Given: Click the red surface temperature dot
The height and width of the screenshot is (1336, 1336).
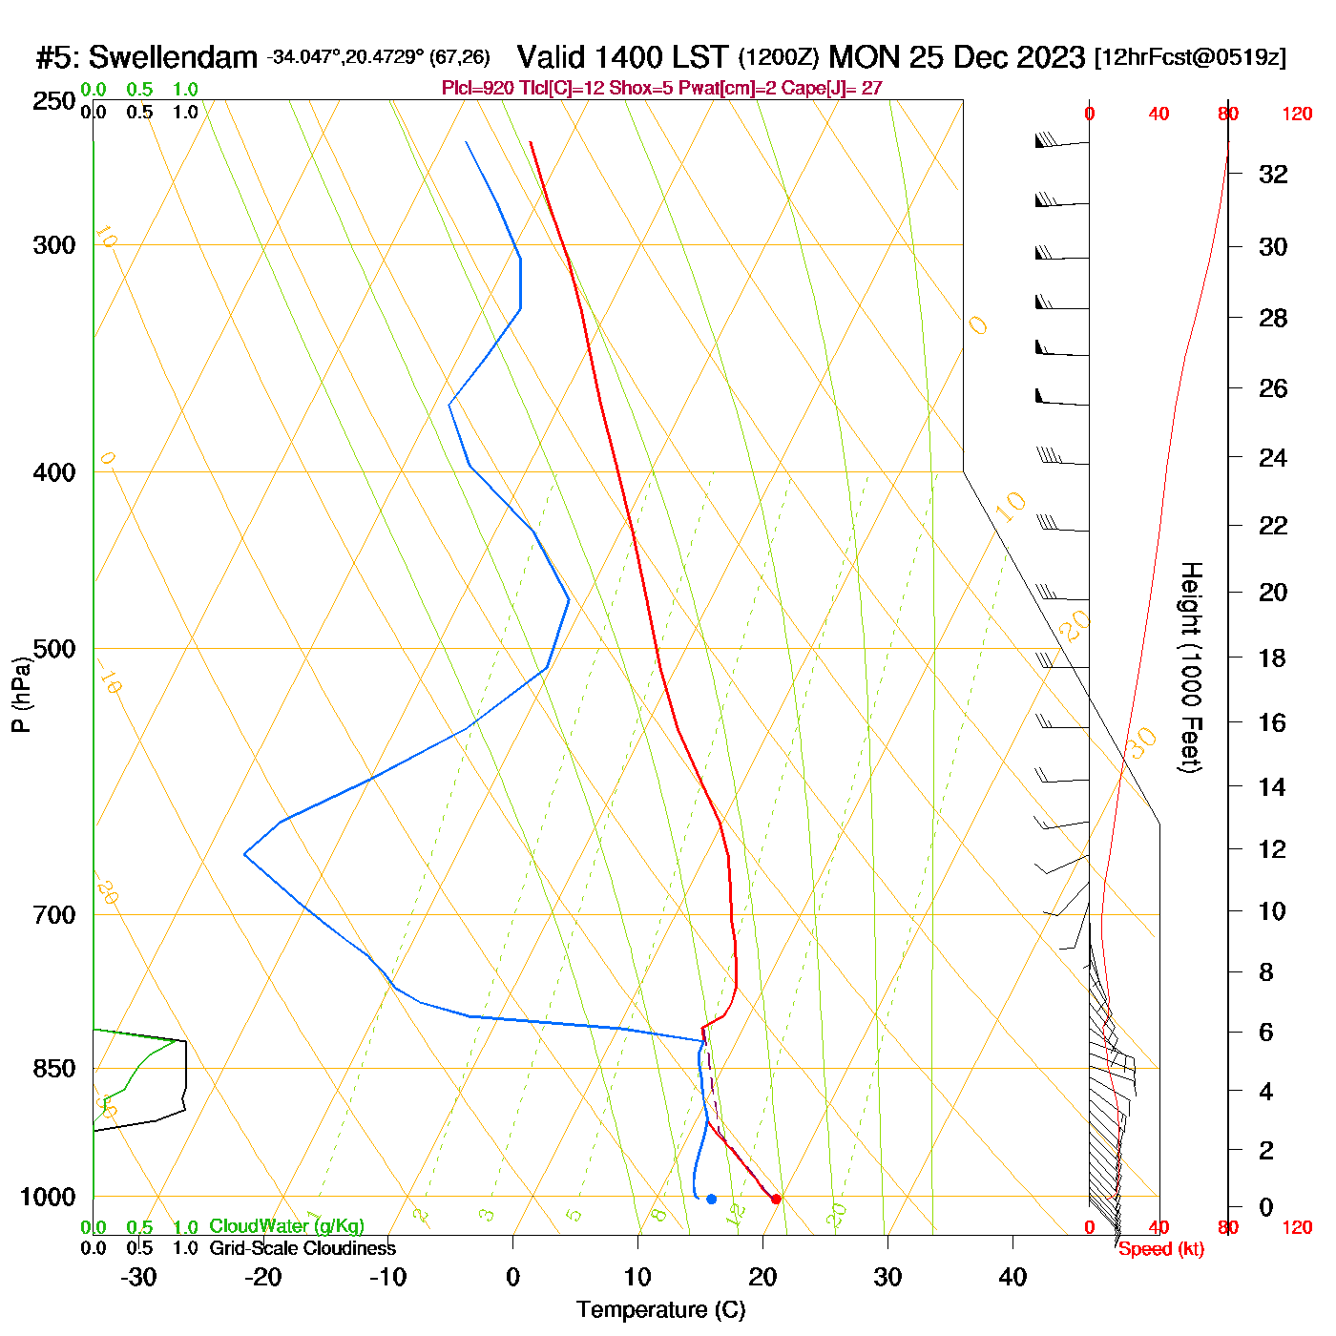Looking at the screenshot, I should tap(776, 1199).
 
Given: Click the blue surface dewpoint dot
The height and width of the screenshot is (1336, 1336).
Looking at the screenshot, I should tap(711, 1199).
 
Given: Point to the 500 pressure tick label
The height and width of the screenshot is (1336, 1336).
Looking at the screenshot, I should tap(54, 649).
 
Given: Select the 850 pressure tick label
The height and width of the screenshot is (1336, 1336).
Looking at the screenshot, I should tap(54, 1069).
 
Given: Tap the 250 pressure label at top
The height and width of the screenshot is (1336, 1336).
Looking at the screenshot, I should tap(54, 101).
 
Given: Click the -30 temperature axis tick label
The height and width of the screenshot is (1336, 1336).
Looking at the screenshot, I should tap(138, 1277).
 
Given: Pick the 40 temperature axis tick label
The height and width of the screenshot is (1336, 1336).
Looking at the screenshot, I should tap(1012, 1277).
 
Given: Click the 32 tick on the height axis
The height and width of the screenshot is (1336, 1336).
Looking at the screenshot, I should tap(1273, 174).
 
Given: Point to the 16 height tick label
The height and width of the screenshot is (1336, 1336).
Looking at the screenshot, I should tap(1272, 722).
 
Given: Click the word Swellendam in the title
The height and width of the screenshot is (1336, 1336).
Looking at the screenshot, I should tap(173, 58).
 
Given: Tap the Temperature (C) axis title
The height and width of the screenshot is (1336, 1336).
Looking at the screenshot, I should tap(660, 1310).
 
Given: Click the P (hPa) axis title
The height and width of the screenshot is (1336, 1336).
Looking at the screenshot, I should tap(21, 695).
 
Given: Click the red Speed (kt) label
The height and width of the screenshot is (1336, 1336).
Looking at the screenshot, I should tap(1160, 1249).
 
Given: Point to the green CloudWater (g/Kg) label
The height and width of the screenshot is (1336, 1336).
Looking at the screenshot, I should tap(286, 1226).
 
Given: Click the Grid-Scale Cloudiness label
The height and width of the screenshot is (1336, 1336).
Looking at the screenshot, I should tap(303, 1248).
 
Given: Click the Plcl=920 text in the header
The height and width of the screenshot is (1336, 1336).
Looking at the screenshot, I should tap(478, 89).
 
